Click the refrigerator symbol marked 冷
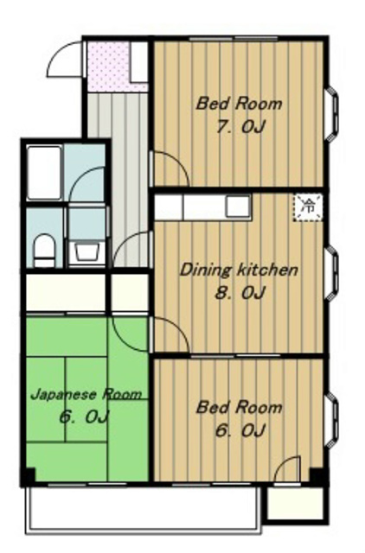(x=308, y=207)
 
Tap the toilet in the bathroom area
(x=44, y=251)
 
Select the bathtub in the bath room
(x=44, y=173)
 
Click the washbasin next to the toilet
(x=86, y=251)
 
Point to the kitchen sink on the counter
(x=238, y=207)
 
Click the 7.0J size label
(x=240, y=127)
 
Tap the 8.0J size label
(x=240, y=293)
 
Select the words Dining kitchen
(x=239, y=270)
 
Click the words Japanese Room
(x=86, y=394)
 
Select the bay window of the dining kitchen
(x=332, y=274)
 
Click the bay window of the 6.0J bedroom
(x=332, y=420)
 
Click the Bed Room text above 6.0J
(x=240, y=408)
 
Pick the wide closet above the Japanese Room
(x=66, y=293)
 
